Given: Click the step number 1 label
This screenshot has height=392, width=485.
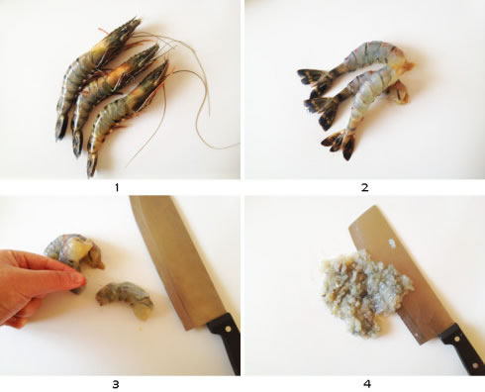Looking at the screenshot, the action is pyautogui.click(x=117, y=188).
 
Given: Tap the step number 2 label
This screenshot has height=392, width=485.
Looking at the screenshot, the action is pyautogui.click(x=364, y=187).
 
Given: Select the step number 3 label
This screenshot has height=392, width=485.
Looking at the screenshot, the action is pyautogui.click(x=116, y=384).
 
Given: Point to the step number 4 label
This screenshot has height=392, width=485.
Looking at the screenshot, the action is pyautogui.click(x=367, y=384).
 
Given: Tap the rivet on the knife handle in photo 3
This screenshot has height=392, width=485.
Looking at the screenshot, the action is pyautogui.click(x=227, y=329).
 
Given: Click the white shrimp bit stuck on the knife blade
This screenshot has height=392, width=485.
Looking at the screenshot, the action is pyautogui.click(x=392, y=244).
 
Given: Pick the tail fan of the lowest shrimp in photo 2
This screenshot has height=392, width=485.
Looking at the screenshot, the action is pyautogui.click(x=339, y=144).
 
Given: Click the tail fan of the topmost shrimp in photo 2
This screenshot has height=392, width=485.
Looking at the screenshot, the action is pyautogui.click(x=314, y=78).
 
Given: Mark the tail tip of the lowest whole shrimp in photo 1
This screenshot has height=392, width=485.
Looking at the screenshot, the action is pyautogui.click(x=91, y=171).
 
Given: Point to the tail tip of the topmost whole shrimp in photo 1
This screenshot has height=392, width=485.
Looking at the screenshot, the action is pyautogui.click(x=60, y=134).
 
